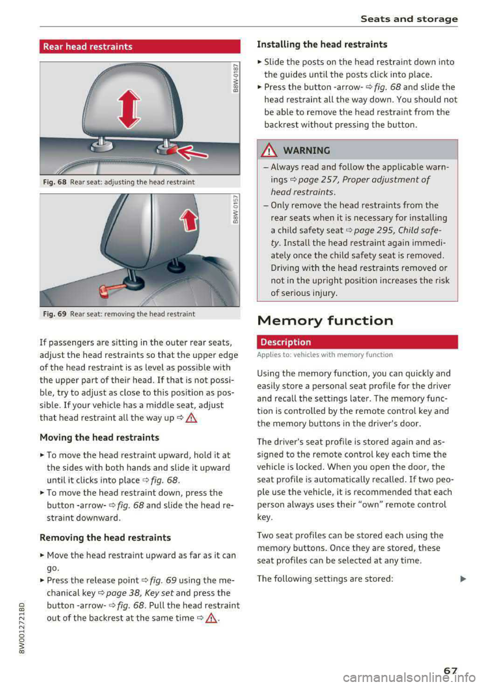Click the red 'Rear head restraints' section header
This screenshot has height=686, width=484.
coord(140,46)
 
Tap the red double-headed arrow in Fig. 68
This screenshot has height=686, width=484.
coord(129,109)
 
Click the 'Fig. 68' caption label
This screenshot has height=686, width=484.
coord(54,182)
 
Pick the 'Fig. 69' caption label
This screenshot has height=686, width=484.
coord(54,314)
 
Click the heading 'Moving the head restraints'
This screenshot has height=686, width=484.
coord(99,438)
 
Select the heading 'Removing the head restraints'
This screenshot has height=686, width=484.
coord(105,538)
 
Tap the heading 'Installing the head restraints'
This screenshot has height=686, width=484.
coord(322,44)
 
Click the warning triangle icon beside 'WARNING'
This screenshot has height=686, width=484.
coord(268,150)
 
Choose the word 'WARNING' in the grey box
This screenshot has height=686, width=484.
coord(307,150)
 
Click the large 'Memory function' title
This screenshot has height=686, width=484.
coord(325,321)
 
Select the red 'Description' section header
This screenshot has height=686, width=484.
coord(357,342)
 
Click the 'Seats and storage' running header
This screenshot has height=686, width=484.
coord(409,19)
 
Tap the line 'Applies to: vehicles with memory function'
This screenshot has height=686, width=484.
coord(325,355)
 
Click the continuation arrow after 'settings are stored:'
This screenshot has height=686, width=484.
coord(463,579)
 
